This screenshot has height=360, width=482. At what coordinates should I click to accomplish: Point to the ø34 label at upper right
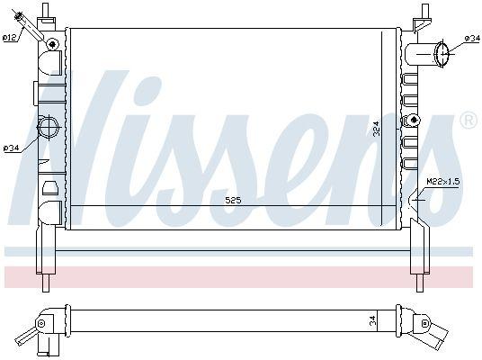tap(471, 38)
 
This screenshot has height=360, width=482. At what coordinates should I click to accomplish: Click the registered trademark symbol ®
tap(468, 120)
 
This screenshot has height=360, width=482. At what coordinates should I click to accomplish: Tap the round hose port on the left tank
tap(49, 127)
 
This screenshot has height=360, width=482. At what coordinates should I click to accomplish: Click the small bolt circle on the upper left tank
tap(52, 44)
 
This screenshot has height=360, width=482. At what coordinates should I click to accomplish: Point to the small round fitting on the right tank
tap(414, 120)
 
